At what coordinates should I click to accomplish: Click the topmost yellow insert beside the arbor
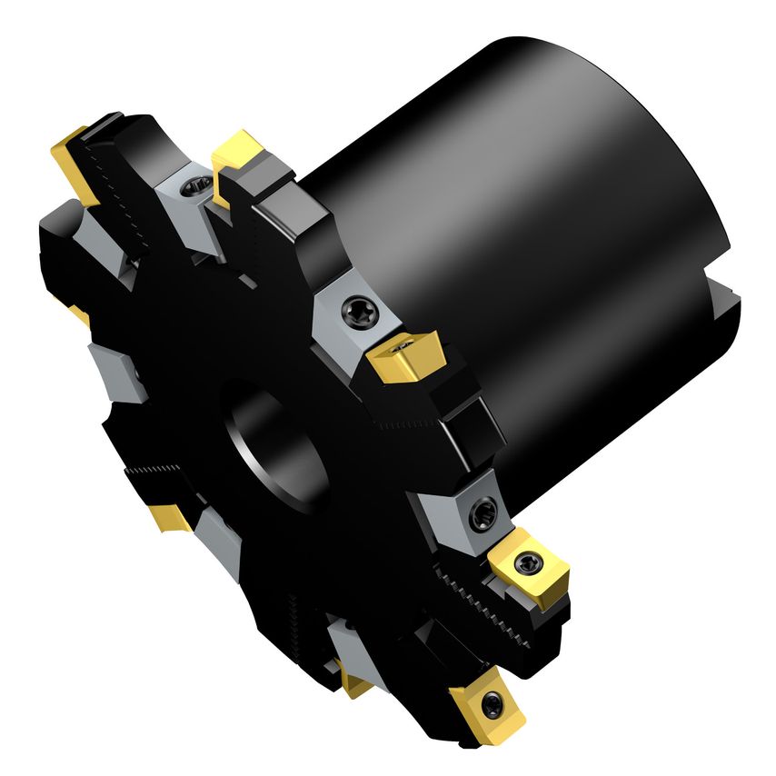coord(238,150)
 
